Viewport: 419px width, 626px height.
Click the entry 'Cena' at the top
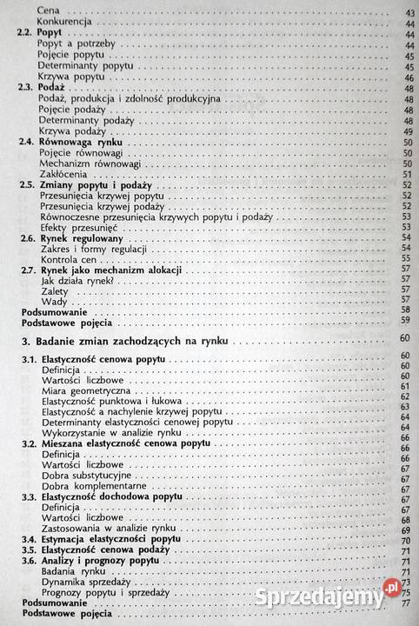tap(53, 12)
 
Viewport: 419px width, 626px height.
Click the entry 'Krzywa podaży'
tap(74, 130)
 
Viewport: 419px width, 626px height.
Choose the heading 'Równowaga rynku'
tap(86, 143)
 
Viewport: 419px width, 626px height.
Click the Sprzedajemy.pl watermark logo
tap(356, 596)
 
